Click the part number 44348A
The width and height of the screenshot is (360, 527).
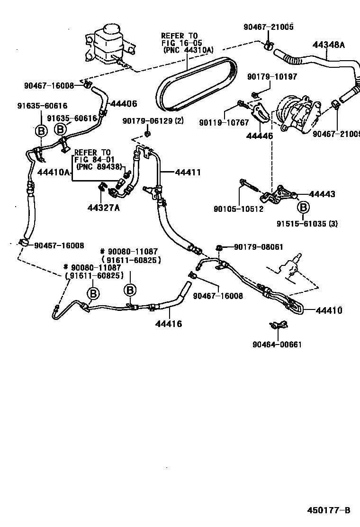tap(328, 45)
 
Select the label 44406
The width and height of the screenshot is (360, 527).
tap(124, 103)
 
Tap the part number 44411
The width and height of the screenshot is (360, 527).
tap(188, 173)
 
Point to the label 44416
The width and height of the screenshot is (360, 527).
tap(169, 324)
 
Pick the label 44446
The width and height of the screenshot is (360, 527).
tap(260, 136)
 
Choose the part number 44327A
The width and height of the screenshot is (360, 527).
tap(103, 207)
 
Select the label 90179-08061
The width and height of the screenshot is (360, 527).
tap(260, 247)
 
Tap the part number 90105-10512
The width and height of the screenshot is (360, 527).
tap(238, 209)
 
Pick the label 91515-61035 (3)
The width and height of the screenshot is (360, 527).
tap(307, 224)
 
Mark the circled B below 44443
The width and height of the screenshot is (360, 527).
tap(303, 207)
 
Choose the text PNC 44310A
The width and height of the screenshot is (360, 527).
tap(188, 49)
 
